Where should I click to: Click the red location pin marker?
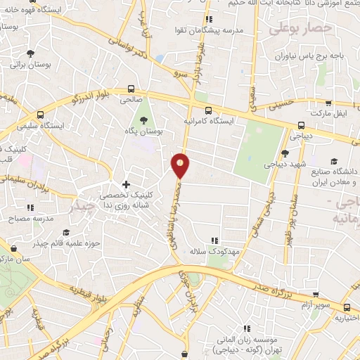coord(181,165)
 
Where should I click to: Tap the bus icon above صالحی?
coord(131,89)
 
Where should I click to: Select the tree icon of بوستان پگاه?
coord(144,120)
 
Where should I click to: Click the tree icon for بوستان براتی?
coord(30,53)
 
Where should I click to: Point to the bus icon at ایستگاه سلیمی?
coord(41,115)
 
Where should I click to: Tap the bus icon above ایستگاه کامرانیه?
coord(208,110)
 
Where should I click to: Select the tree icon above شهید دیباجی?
coord(284,153)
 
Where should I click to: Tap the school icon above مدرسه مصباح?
coord(30,207)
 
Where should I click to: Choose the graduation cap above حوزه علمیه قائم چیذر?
coord(66,232)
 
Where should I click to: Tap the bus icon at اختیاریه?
coord(347,307)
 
